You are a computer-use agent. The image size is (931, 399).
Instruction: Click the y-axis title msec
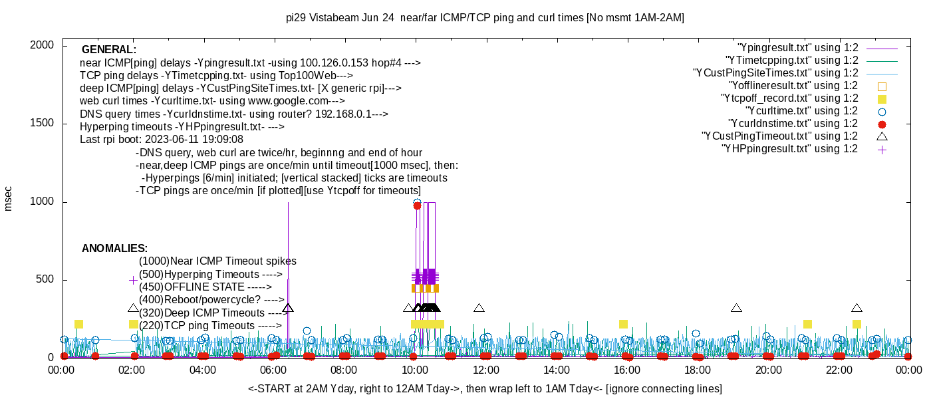pos(9,198)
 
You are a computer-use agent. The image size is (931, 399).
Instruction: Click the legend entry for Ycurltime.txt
pos(801,111)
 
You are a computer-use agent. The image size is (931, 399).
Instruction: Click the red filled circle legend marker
pos(882,124)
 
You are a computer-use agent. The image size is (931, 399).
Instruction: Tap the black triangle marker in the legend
pos(882,136)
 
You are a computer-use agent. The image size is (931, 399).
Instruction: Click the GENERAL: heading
pos(109,50)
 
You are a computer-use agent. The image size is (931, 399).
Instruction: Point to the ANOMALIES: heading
pos(114,249)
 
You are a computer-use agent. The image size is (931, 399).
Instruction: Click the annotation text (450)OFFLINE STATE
pos(205,287)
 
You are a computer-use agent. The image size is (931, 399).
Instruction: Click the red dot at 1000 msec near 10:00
pos(417,205)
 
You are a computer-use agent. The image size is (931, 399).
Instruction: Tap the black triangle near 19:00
pos(736,308)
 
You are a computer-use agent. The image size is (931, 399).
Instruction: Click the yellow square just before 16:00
pos(623,324)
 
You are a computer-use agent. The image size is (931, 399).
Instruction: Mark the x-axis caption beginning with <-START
pos(485,388)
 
